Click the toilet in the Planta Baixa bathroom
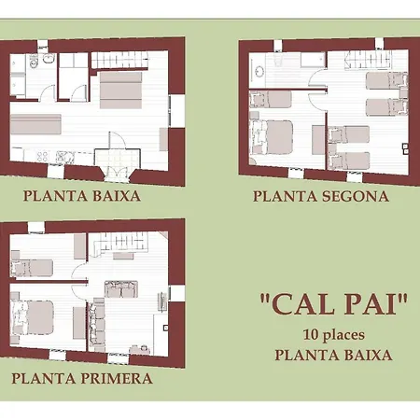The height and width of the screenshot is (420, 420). [33, 61]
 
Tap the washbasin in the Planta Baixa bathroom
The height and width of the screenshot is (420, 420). [49, 59]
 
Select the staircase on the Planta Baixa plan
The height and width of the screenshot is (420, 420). [119, 61]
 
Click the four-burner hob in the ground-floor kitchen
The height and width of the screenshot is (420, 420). [42, 156]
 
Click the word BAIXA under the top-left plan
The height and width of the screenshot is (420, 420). [117, 196]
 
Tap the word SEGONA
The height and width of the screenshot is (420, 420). [356, 196]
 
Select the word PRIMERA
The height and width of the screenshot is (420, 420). [117, 378]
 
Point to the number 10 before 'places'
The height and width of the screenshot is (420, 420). [311, 335]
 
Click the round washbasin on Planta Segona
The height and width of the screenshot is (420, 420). [259, 71]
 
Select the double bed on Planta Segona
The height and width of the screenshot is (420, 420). [272, 137]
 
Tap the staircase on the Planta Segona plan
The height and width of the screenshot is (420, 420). [368, 61]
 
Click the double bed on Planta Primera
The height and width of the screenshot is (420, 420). [33, 317]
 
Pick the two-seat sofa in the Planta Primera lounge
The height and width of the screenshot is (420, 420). [121, 288]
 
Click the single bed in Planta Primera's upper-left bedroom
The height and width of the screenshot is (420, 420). [32, 268]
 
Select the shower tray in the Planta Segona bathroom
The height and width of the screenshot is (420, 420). [313, 60]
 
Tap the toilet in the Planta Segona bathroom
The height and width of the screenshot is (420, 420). [278, 59]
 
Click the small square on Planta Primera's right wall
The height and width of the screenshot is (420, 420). [166, 328]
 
